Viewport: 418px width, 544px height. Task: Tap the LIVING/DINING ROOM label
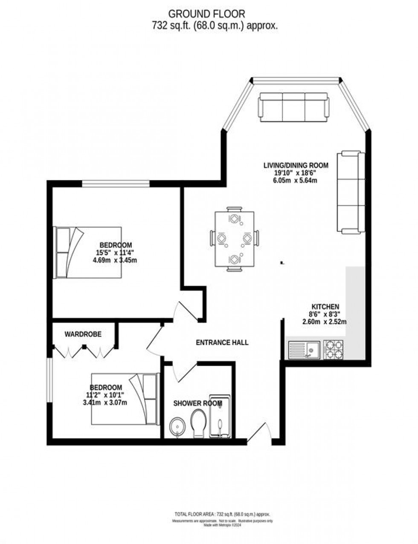tap(296, 165)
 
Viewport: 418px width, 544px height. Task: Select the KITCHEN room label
tap(325, 307)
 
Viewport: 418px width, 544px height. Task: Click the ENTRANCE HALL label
tap(222, 343)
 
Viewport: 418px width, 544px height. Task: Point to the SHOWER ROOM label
tap(197, 403)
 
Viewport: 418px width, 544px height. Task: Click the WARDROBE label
tap(83, 334)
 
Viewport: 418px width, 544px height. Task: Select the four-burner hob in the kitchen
tap(334, 349)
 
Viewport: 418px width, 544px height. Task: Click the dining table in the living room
tap(234, 239)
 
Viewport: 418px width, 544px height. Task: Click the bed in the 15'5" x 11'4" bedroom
tap(87, 252)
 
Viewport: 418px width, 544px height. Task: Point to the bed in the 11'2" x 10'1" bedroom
tap(125, 399)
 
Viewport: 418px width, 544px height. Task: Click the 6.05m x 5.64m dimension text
tap(296, 180)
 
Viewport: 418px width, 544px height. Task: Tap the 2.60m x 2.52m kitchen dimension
tap(324, 322)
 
